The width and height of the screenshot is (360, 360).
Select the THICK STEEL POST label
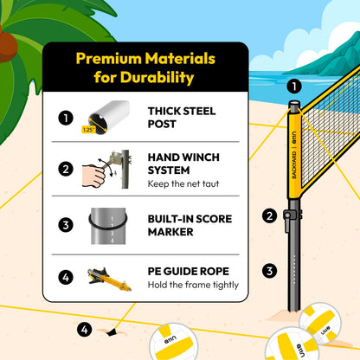[182, 117]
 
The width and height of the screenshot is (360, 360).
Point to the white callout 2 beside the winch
[269, 215]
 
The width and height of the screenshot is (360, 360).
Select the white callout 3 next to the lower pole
[269, 271]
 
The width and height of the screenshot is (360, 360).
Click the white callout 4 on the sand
[84, 329]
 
